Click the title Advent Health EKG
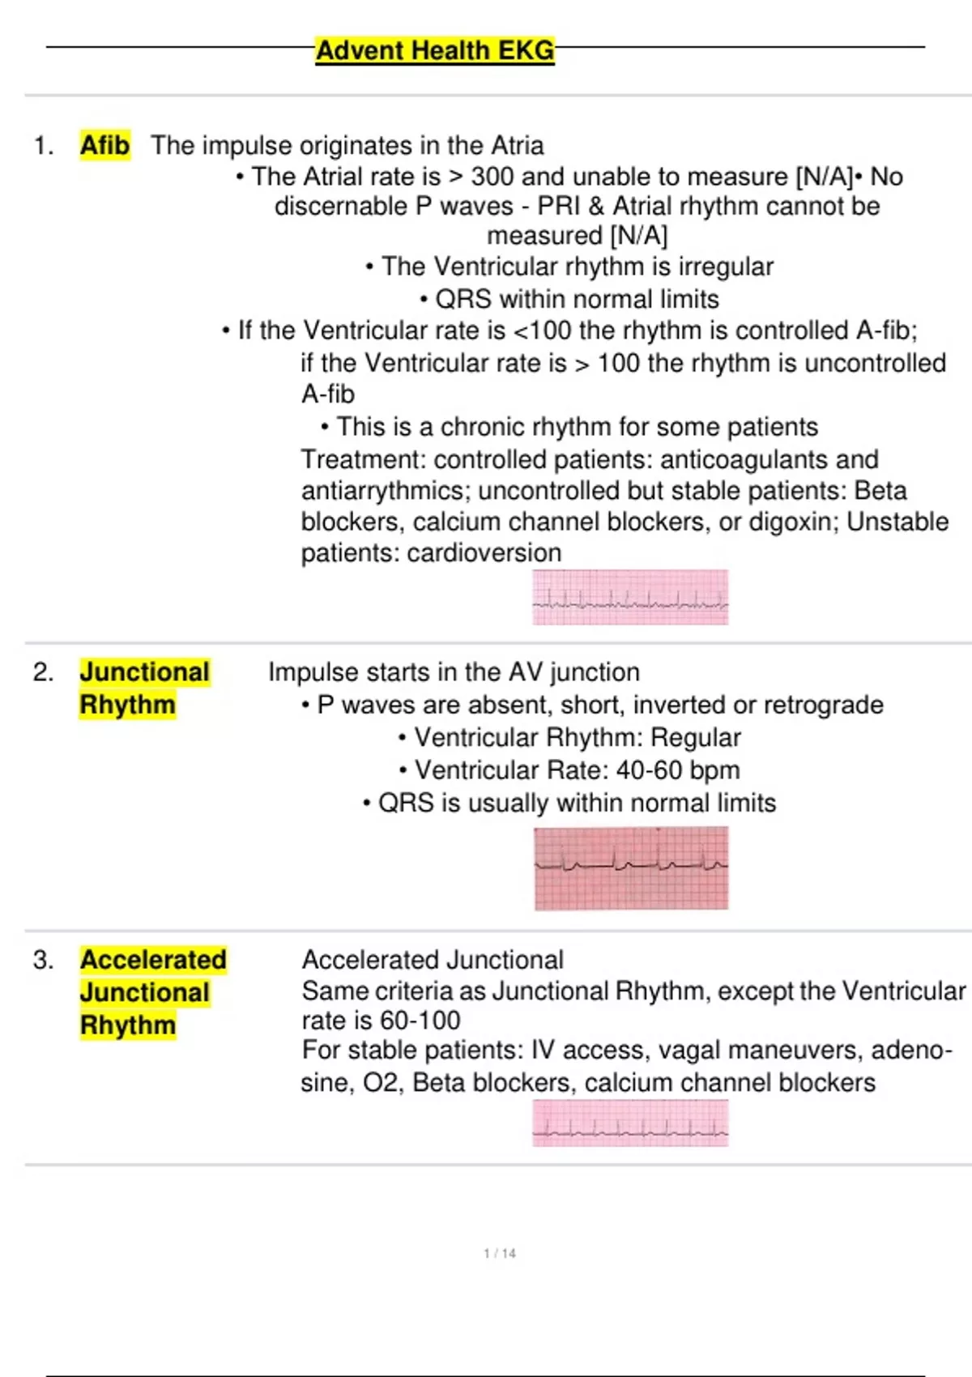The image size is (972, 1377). [435, 50]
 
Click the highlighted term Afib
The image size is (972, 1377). [104, 146]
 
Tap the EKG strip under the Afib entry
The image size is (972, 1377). [630, 598]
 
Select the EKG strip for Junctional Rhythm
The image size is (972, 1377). [631, 868]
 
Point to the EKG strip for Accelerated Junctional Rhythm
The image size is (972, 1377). [630, 1123]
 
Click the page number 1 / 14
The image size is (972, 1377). [499, 1253]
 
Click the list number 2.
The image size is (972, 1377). [43, 672]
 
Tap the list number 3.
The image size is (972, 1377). [43, 960]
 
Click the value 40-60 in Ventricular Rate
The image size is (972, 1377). [649, 769]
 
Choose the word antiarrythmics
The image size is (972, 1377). [382, 491]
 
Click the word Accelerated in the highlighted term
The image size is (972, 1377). [153, 960]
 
